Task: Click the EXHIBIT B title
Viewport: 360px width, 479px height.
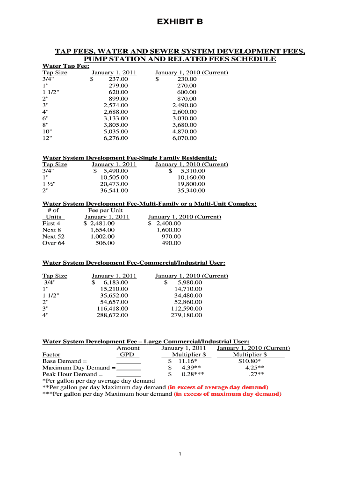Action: pyautogui.click(x=180, y=22)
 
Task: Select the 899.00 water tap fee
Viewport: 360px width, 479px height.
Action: pyautogui.click(x=118, y=99)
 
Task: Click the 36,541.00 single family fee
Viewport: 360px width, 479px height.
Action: pyautogui.click(x=114, y=190)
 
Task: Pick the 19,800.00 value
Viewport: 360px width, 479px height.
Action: pyautogui.click(x=191, y=184)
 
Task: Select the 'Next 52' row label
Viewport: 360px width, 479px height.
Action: pyautogui.click(x=53, y=237)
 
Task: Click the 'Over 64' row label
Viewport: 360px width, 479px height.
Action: pyautogui.click(x=53, y=243)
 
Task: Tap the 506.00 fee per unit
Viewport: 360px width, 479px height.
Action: pyautogui.click(x=105, y=243)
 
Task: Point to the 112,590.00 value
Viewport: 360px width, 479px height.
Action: pyautogui.click(x=187, y=309)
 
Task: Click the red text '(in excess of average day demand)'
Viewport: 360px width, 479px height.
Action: pyautogui.click(x=218, y=387)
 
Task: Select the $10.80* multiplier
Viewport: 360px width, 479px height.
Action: pyautogui.click(x=250, y=361)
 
